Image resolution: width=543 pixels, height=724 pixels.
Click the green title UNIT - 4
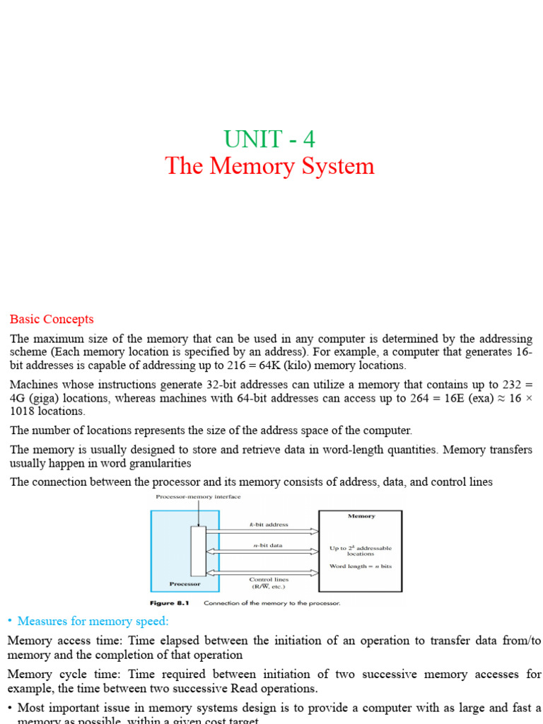coord(269,139)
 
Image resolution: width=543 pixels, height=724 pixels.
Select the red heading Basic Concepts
coord(51,320)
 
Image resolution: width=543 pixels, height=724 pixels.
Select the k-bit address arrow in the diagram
coord(263,530)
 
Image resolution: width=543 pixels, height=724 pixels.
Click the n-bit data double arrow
coord(263,551)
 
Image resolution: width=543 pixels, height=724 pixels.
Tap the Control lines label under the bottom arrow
coord(270,580)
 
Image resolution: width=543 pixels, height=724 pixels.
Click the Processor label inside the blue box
coord(185,584)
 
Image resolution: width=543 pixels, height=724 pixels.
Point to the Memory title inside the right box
coord(361,516)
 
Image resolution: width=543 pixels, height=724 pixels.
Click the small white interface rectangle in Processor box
coord(198,551)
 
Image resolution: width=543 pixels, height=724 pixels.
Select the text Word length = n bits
coord(361,566)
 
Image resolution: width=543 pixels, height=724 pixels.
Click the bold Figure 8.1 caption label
coord(170,603)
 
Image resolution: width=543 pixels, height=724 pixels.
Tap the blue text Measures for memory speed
coord(93,621)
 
